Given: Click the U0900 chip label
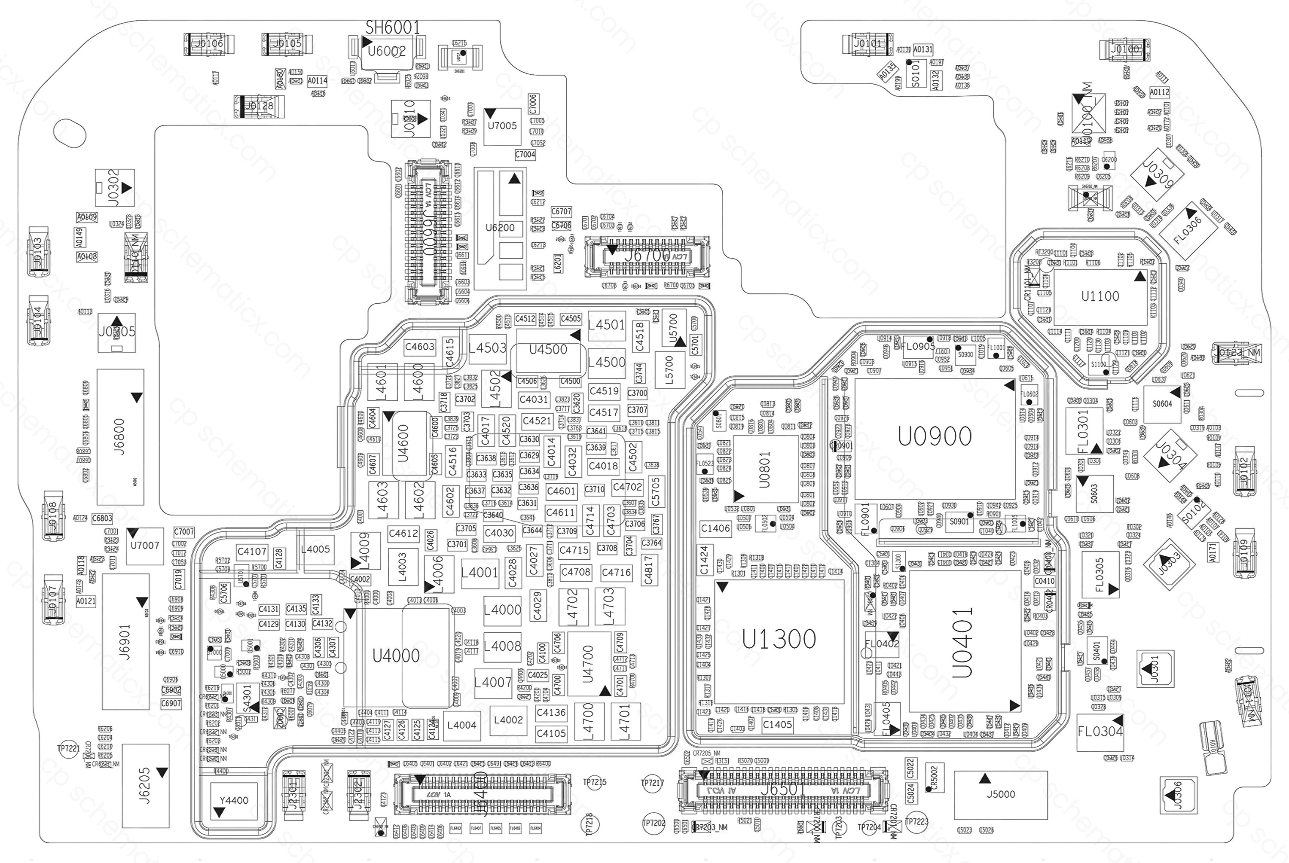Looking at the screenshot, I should click(x=935, y=436).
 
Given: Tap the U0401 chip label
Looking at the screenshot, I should click(x=962, y=642).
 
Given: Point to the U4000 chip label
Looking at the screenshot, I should click(x=396, y=656).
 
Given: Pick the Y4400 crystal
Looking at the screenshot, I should click(x=234, y=800).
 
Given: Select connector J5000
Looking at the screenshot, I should click(x=1001, y=794).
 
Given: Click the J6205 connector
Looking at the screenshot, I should click(x=145, y=785).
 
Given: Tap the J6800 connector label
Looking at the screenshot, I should click(x=119, y=436).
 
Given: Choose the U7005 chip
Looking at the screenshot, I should click(x=502, y=126).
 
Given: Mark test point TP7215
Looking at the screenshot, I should click(x=594, y=782).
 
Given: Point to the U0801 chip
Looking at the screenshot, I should click(x=764, y=470).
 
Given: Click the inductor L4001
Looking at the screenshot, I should click(x=480, y=572).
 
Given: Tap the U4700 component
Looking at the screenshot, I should click(x=588, y=664).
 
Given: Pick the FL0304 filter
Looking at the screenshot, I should click(x=1100, y=732).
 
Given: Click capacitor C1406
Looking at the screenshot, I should click(x=715, y=528).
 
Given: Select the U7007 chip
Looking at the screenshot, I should click(x=145, y=546).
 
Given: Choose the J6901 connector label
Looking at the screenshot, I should click(x=125, y=642).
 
